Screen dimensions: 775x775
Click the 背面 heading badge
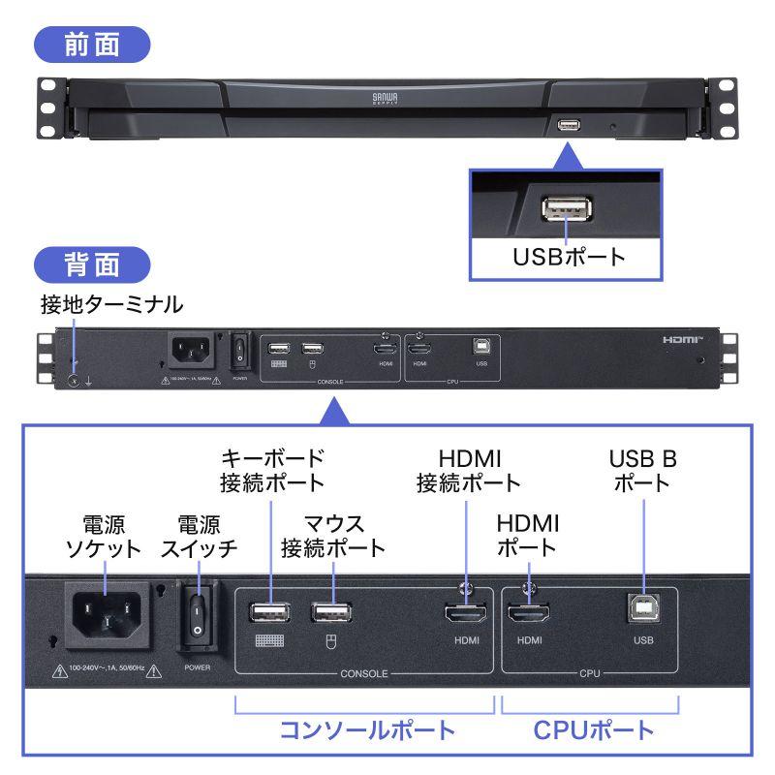coord(93,263)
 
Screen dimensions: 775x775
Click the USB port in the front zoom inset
coord(565,209)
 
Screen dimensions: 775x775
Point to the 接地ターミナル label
coord(111,305)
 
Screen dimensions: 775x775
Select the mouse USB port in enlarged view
coord(332,612)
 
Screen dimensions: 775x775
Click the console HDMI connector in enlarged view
coord(465,614)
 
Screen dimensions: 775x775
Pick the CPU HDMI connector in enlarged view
coord(529,614)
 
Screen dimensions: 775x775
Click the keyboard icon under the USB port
coord(271,639)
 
